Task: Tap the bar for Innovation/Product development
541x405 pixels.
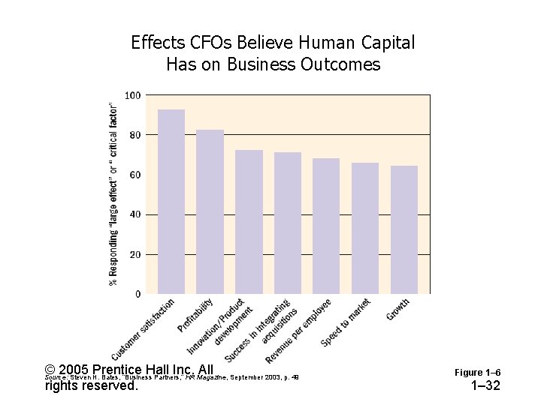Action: [249, 221]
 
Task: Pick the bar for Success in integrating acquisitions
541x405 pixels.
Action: [288, 223]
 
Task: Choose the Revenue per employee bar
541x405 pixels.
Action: [326, 226]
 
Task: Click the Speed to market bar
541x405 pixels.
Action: [365, 228]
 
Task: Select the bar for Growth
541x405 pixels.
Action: [404, 229]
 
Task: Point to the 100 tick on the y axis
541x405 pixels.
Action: [132, 95]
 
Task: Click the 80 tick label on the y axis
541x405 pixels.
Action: [134, 135]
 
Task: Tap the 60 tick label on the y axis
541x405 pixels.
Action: [134, 175]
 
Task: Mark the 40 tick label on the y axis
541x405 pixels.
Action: [134, 214]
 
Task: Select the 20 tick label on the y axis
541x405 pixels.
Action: [134, 254]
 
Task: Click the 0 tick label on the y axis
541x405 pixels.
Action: [137, 294]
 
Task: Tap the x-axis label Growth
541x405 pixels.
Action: [398, 309]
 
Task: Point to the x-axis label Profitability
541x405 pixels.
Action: [196, 316]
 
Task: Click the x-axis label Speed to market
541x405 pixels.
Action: [346, 322]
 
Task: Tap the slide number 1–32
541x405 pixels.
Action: [485, 386]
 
